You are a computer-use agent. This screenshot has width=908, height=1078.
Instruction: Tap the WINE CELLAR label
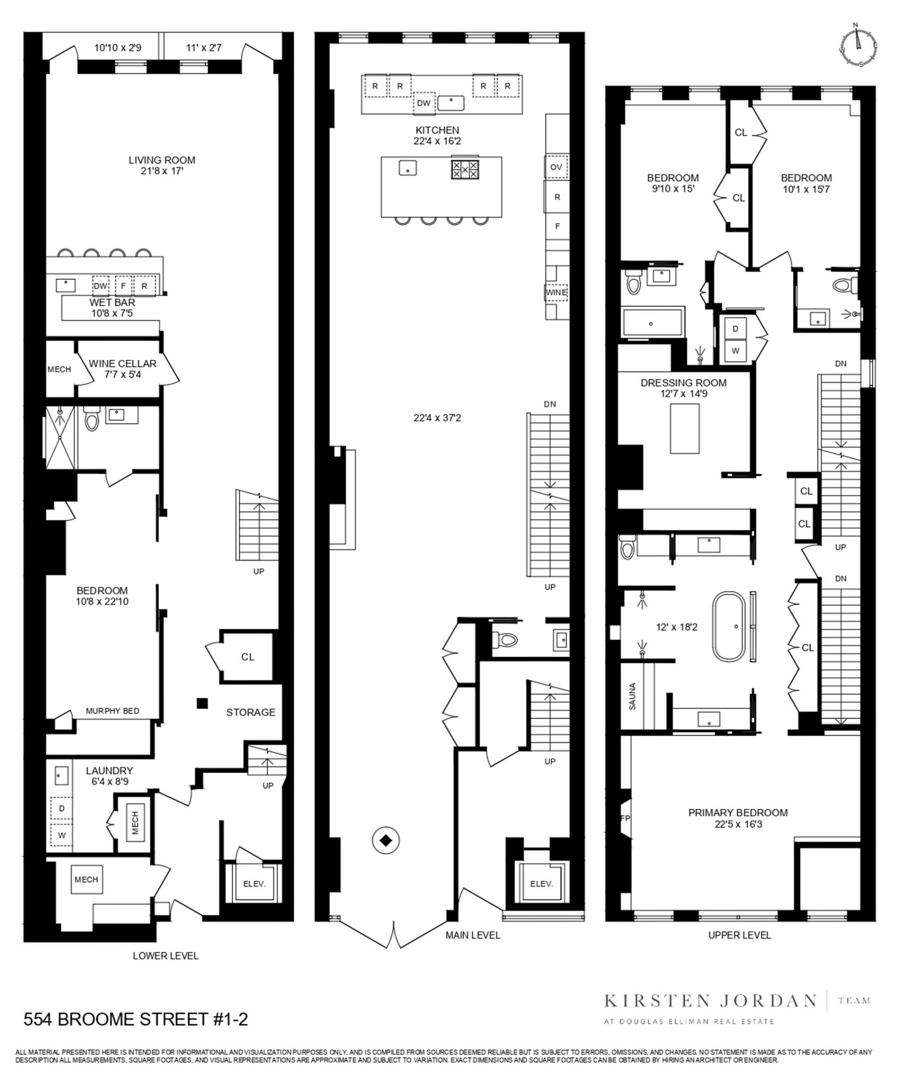pyautogui.click(x=122, y=363)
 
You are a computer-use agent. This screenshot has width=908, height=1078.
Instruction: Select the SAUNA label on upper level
pyautogui.click(x=633, y=696)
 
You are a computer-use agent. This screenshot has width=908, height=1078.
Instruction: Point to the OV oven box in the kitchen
pyautogui.click(x=556, y=167)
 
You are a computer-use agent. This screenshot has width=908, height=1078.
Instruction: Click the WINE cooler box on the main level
pyautogui.click(x=556, y=292)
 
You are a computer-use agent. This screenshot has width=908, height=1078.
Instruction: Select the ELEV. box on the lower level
pyautogui.click(x=254, y=884)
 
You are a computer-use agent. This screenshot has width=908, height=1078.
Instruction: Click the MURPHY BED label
pyautogui.click(x=112, y=711)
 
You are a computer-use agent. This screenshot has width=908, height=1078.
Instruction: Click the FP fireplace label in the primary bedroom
pyautogui.click(x=625, y=818)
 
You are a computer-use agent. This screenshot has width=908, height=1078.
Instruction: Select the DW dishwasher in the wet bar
pyautogui.click(x=100, y=286)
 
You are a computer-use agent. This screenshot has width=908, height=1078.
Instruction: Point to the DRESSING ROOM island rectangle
pyautogui.click(x=685, y=428)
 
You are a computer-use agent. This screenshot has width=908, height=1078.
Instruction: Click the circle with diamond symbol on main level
pyautogui.click(x=386, y=840)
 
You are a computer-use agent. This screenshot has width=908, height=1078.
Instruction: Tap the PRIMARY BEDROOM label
pyautogui.click(x=738, y=812)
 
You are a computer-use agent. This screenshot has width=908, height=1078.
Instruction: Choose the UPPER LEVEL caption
pyautogui.click(x=739, y=935)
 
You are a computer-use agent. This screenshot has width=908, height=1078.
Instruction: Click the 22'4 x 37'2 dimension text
pyautogui.click(x=437, y=418)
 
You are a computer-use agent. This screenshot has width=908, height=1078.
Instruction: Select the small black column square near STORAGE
pyautogui.click(x=202, y=703)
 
